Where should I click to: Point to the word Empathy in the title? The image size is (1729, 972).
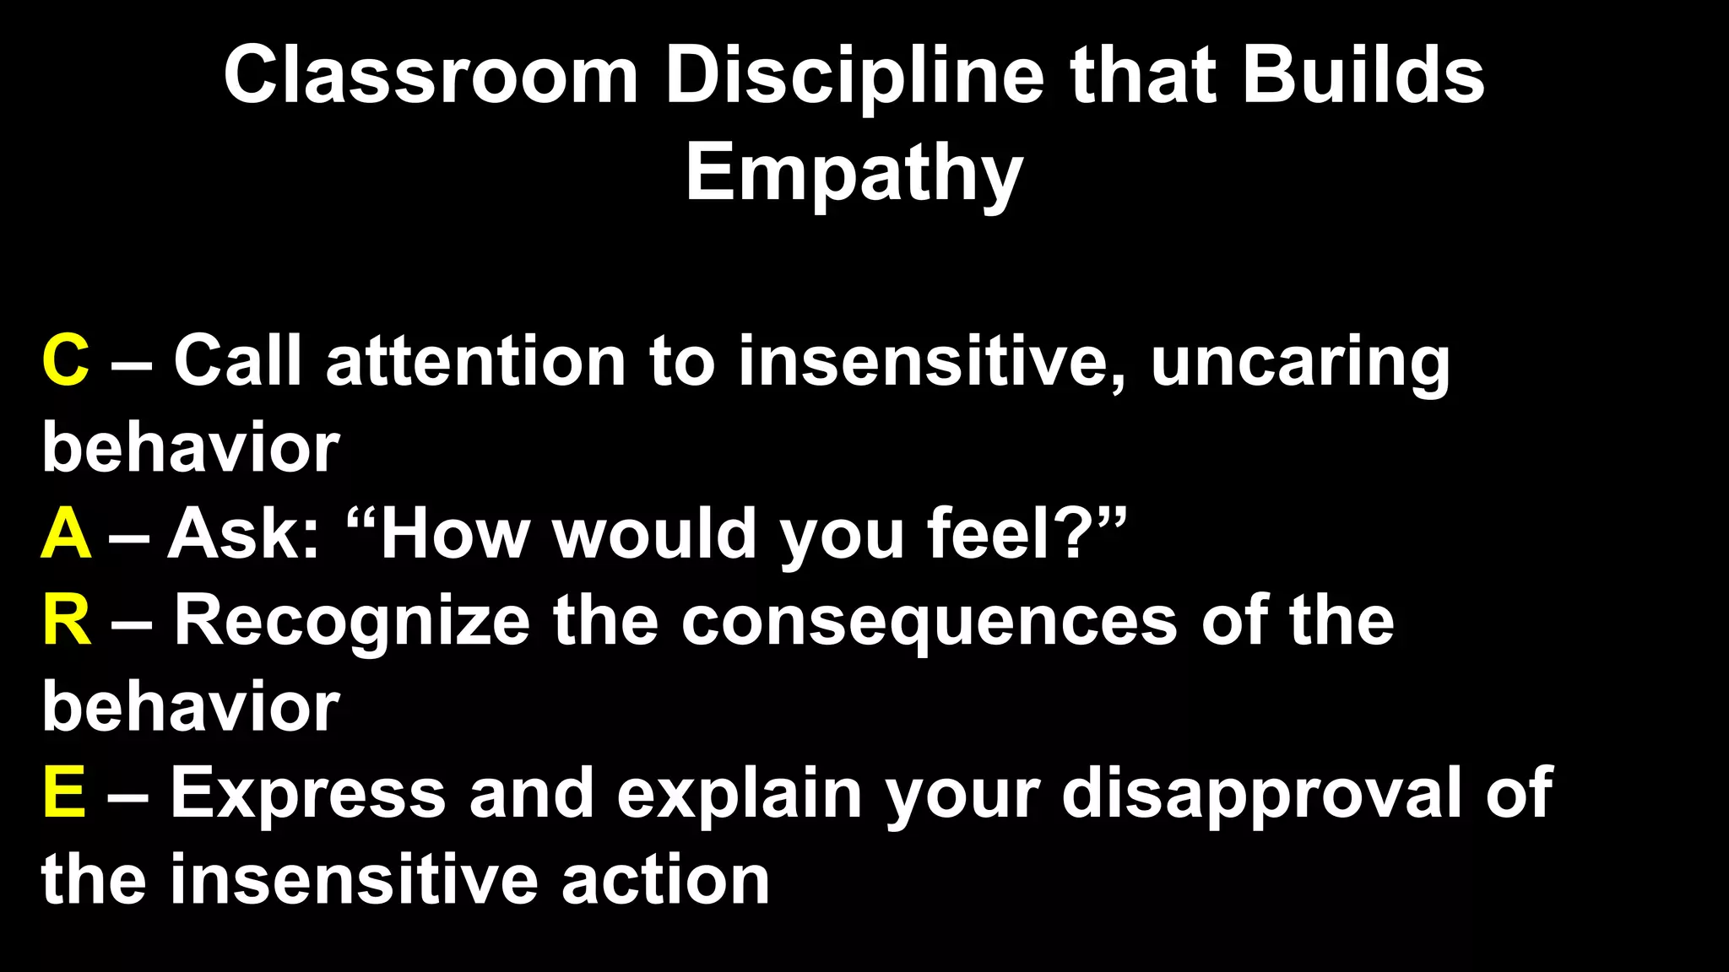[x=854, y=174]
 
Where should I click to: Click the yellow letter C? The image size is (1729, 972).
[x=65, y=361]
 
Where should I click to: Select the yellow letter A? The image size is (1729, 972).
[x=66, y=534]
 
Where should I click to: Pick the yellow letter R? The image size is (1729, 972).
[x=67, y=620]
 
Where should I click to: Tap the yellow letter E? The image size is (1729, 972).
[x=64, y=793]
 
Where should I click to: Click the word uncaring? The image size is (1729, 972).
[x=1300, y=363]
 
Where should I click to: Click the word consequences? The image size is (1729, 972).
[x=929, y=622]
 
